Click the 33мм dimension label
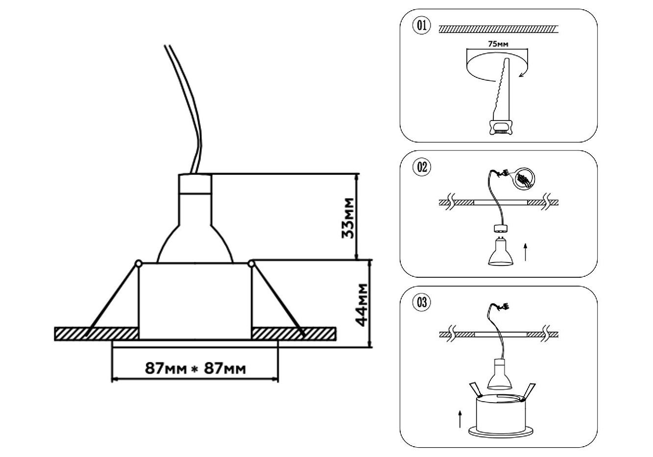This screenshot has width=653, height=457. tap(347, 217)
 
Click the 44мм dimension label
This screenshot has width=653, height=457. tap(362, 304)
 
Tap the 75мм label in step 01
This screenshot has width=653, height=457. tap(498, 44)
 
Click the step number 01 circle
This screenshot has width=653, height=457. tap(422, 26)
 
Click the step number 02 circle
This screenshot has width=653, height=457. tap(422, 168)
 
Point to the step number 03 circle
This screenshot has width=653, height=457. tap(422, 303)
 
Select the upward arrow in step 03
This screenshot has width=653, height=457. tap(460, 419)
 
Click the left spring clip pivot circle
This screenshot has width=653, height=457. tap(138, 264)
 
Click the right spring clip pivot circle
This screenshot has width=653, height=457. tap(252, 264)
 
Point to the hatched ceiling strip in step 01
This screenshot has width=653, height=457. tap(499, 29)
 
